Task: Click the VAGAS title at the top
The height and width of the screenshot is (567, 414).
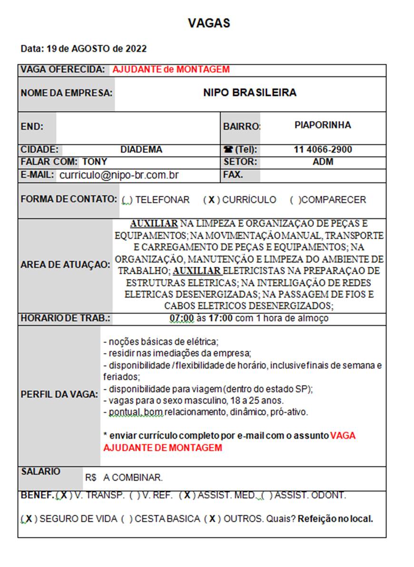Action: (209, 23)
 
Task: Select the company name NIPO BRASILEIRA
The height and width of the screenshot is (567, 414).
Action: (249, 92)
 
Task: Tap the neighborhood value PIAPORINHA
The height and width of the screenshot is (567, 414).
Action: (322, 125)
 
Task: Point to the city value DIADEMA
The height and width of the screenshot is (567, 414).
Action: (141, 150)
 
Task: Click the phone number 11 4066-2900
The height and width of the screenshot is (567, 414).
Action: (323, 150)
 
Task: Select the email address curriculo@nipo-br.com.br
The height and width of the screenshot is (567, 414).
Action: (118, 175)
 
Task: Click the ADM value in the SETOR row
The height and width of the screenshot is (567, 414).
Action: (323, 162)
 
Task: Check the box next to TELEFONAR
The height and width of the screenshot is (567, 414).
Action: (127, 200)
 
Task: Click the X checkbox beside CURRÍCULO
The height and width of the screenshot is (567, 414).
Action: (211, 200)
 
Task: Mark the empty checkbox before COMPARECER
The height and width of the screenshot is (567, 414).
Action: (295, 200)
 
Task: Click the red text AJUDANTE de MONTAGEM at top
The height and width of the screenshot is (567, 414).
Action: (171, 70)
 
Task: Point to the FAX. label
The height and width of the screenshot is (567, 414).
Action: (233, 175)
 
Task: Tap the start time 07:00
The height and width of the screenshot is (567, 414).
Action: (181, 318)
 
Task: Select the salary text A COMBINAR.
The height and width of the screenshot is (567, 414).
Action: (133, 477)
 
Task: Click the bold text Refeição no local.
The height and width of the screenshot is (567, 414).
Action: (335, 519)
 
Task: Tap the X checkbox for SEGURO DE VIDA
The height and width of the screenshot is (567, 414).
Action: (29, 519)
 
